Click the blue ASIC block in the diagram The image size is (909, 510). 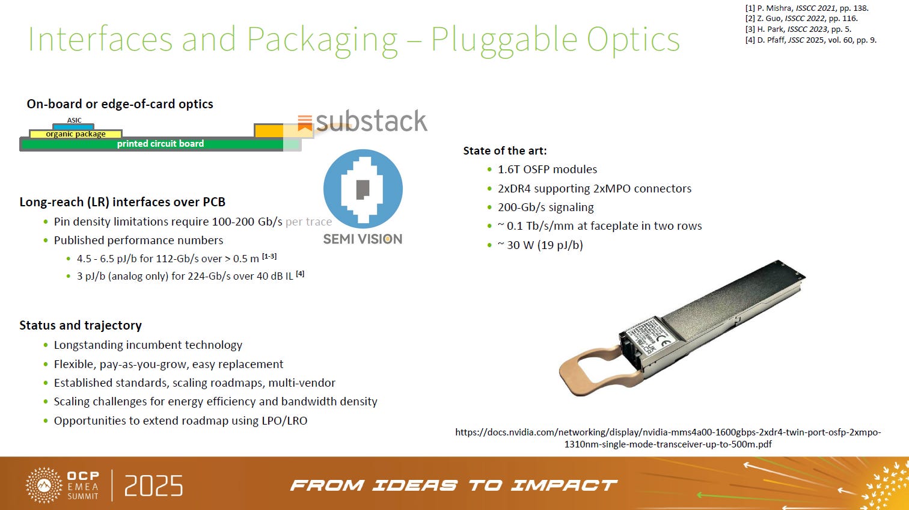(x=73, y=126)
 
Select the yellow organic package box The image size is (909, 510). (x=76, y=134)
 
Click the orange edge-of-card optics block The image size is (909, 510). (x=268, y=131)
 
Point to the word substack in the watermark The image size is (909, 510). (x=371, y=121)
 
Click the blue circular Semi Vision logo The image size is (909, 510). (x=363, y=189)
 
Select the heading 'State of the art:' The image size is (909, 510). (x=505, y=151)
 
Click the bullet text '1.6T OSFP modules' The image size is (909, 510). (x=547, y=170)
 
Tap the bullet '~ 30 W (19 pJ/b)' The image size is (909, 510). (x=540, y=245)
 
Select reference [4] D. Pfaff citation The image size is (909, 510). (x=810, y=40)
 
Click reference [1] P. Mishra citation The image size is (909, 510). (x=806, y=8)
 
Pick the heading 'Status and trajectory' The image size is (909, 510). (x=81, y=325)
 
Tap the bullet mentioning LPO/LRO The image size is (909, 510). (x=180, y=420)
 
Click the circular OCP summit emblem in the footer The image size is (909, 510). (x=44, y=485)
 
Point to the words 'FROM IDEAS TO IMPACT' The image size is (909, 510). (x=454, y=485)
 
